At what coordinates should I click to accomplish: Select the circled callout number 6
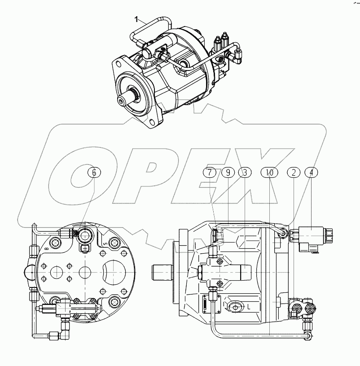94,172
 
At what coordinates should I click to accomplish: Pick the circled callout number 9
228,172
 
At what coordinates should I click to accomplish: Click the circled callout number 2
294,172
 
